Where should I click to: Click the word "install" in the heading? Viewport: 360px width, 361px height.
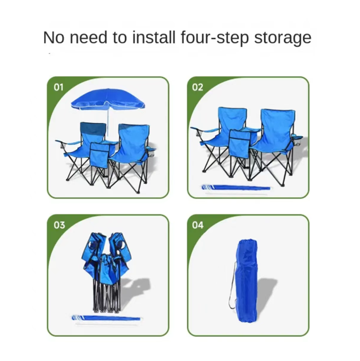[x=154, y=37]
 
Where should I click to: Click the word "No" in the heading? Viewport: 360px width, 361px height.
[x=53, y=38]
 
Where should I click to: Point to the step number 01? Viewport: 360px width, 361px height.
[x=58, y=87]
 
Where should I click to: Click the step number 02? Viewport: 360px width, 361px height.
[x=198, y=87]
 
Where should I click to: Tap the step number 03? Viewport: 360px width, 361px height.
[x=59, y=225]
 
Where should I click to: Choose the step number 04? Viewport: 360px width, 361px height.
[x=198, y=225]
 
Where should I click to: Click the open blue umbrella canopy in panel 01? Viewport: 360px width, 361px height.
[x=108, y=99]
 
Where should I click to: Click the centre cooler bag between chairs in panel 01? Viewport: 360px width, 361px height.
[x=99, y=155]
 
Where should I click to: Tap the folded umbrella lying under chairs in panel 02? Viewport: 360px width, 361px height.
[x=236, y=188]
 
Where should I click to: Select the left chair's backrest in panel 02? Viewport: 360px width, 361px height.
[x=232, y=120]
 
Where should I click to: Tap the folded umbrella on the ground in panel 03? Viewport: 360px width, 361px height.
[x=106, y=318]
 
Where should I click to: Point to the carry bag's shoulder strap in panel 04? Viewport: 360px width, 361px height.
[x=232, y=285]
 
